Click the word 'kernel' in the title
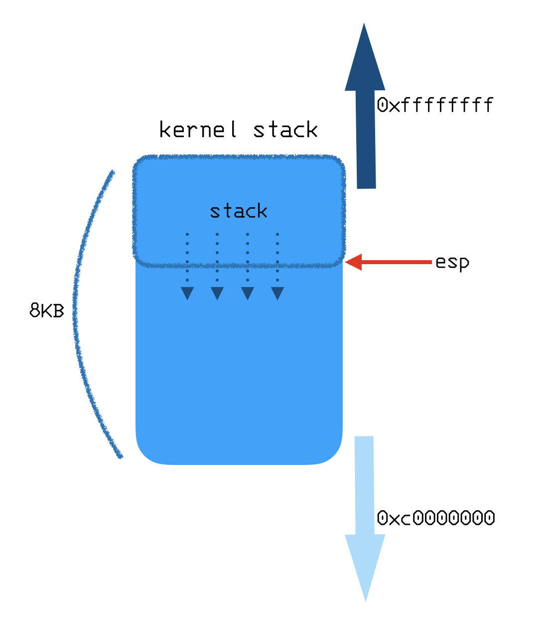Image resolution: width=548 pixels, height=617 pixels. [x=198, y=130]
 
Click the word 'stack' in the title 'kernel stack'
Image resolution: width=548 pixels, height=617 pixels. [x=285, y=130]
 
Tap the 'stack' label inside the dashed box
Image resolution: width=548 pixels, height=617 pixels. [x=239, y=211]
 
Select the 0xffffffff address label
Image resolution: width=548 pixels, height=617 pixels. [x=435, y=105]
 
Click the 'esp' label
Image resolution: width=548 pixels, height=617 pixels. [x=452, y=262]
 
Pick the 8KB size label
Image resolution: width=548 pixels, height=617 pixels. [x=47, y=310]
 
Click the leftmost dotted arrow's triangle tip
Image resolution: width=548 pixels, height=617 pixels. [x=187, y=293]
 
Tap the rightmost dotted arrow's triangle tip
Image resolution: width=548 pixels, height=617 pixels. [x=277, y=293]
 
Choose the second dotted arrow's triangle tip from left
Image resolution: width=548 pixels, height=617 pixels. [x=217, y=293]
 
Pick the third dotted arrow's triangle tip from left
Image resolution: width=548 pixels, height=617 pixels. [x=248, y=293]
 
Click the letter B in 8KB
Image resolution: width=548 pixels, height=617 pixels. [x=59, y=311]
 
